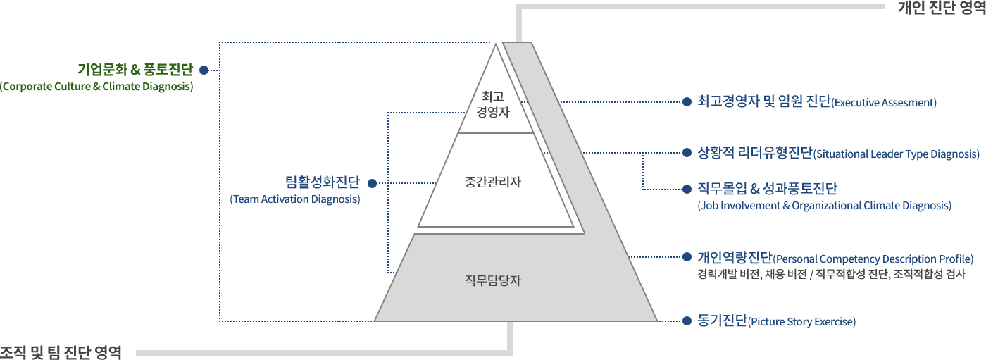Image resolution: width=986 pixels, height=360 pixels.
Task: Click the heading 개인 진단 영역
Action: [x=942, y=8]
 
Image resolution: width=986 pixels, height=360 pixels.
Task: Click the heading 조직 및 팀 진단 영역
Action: [x=61, y=352]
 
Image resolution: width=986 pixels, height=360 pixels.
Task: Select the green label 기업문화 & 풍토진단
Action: [x=135, y=69]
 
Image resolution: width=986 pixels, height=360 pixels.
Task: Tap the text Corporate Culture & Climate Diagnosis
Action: [x=96, y=86]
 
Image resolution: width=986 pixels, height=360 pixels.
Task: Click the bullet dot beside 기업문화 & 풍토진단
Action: [x=204, y=70]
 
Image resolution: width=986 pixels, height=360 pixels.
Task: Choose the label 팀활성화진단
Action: [x=323, y=182]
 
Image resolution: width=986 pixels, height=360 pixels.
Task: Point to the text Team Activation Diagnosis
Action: [x=295, y=199]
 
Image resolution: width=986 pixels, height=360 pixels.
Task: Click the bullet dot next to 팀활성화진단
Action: [x=373, y=183]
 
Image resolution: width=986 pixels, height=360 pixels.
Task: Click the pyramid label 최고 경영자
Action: [x=493, y=104]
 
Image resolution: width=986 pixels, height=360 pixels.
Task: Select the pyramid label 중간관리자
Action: [x=493, y=182]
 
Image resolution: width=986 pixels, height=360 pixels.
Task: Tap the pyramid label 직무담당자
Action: [x=493, y=280]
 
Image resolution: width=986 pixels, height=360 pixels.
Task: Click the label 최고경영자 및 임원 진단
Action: [x=763, y=101]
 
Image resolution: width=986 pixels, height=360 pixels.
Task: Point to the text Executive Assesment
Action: [x=884, y=103]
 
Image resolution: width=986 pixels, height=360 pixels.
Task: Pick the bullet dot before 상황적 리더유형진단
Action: [x=687, y=153]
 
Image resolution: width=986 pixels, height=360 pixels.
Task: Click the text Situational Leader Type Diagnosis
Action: [x=896, y=154]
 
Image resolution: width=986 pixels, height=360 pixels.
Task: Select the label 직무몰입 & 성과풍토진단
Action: [x=767, y=188]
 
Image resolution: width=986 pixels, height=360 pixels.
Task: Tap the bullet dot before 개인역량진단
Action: [x=687, y=257]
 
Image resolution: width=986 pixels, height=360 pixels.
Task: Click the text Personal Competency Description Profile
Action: [x=873, y=259]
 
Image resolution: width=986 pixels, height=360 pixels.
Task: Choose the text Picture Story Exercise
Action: [x=802, y=322]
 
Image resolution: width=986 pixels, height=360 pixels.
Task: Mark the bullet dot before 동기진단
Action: [x=687, y=321]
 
